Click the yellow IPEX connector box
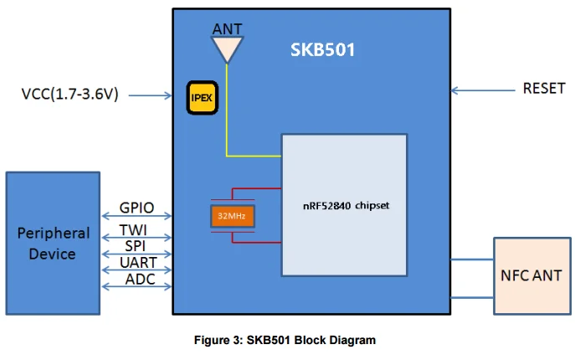click(x=202, y=97)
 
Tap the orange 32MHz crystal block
click(x=232, y=216)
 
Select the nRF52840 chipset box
click(x=344, y=204)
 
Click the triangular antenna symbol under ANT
click(x=226, y=49)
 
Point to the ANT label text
click(x=227, y=29)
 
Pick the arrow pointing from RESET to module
click(x=480, y=89)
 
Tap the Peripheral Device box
click(x=53, y=243)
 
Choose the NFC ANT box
click(x=531, y=275)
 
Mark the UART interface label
click(x=137, y=262)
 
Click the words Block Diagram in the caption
click(x=338, y=340)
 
